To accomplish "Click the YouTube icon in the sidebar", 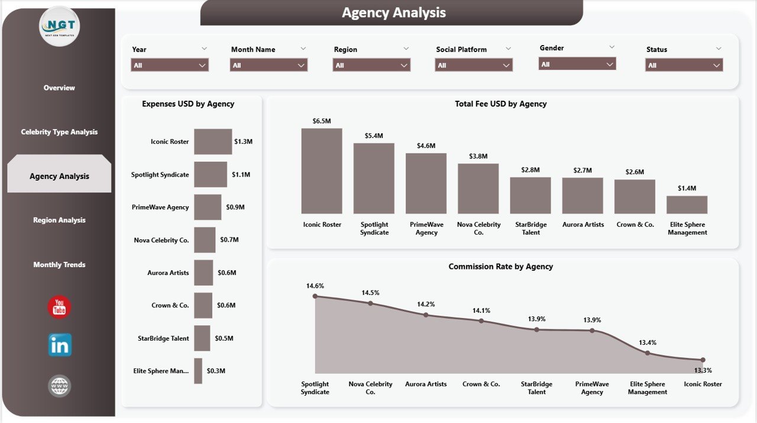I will tap(59, 307).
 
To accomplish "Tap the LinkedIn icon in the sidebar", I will tap(60, 345).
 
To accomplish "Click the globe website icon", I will tap(60, 386).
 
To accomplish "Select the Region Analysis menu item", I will tap(59, 220).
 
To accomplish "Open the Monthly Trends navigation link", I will tap(59, 264).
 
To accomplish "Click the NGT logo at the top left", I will tap(59, 26).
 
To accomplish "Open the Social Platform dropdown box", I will tap(474, 65).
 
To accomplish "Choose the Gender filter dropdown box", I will tap(577, 64).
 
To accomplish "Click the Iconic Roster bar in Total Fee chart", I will tap(322, 171).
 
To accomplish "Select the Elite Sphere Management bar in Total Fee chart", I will tap(687, 204).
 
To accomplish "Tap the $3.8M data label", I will tap(478, 156).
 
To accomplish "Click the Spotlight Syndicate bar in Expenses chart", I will tap(211, 174).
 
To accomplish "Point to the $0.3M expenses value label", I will tap(216, 371).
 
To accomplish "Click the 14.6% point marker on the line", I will tap(315, 296).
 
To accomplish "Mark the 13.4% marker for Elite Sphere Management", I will tap(648, 352).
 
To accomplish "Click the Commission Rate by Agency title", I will tap(500, 267).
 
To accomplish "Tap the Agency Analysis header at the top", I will tap(393, 12).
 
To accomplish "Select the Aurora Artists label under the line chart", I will tap(426, 384).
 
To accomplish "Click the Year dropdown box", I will tap(170, 65).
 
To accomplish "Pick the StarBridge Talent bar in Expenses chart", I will tap(202, 338).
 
